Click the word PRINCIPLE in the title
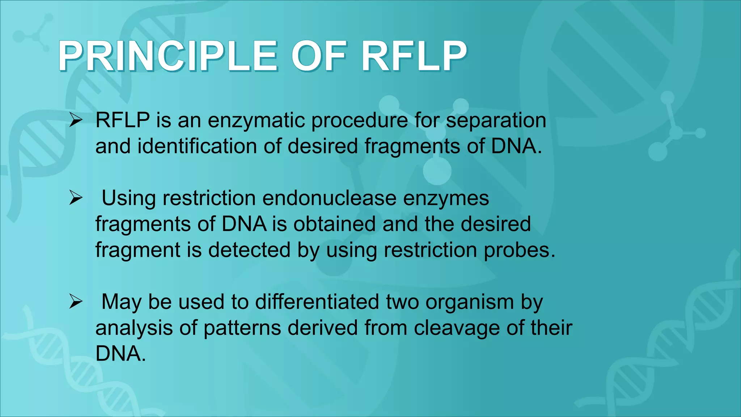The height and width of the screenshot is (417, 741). [168, 56]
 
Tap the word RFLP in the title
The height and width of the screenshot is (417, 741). [414, 56]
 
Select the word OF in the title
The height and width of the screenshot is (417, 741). [319, 56]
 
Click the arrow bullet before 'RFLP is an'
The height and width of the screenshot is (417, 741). [76, 120]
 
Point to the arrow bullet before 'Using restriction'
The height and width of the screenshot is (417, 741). [76, 198]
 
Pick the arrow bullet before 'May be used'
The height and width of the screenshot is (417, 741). [76, 302]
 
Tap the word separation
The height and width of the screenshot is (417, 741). [496, 121]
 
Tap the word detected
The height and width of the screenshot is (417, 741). [249, 250]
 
